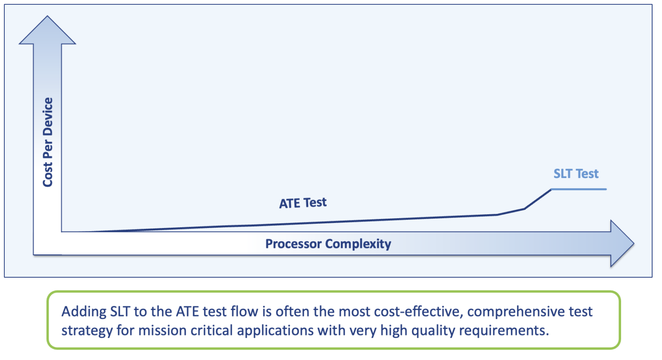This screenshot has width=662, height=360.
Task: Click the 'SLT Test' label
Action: point(576,174)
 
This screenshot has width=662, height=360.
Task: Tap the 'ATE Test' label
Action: point(303,203)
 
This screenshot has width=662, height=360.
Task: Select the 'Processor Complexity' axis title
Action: point(328,244)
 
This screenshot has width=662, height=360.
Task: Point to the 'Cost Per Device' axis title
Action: point(48,142)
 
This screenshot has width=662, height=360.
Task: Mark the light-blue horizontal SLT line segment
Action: point(578,189)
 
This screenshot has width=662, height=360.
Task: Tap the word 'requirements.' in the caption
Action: point(504,331)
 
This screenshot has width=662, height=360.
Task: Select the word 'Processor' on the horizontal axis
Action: point(294,244)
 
